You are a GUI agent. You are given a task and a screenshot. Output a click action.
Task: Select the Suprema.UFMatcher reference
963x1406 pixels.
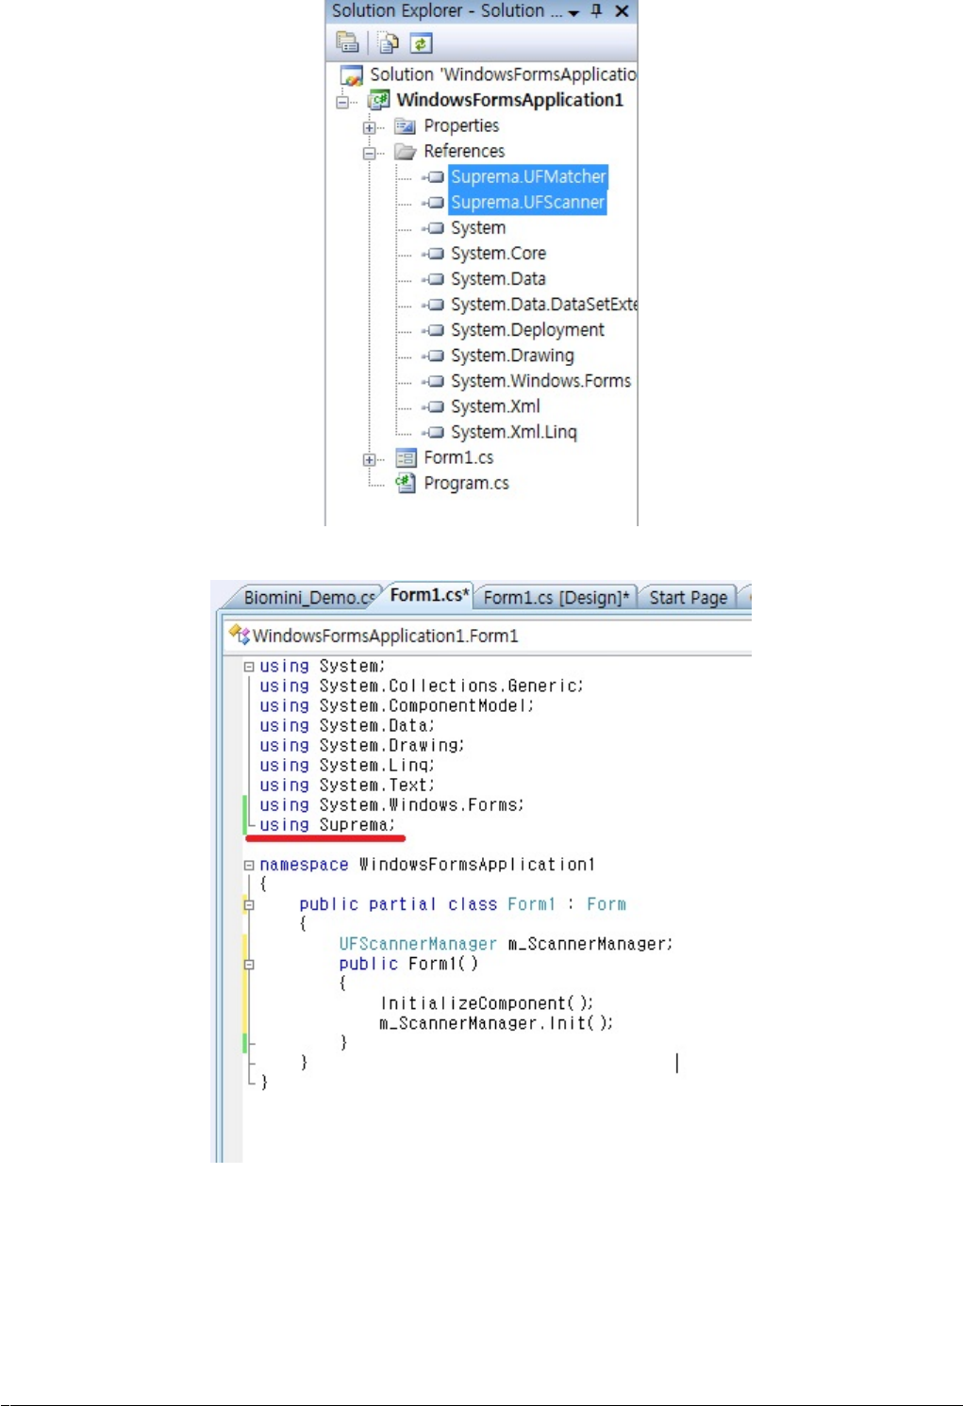tap(527, 176)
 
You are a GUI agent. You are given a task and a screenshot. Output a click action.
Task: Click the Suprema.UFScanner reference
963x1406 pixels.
tap(527, 202)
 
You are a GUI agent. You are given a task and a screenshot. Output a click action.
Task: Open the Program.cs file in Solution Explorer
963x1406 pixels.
tap(466, 483)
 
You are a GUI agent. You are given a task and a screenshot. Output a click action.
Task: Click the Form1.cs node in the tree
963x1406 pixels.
tap(458, 457)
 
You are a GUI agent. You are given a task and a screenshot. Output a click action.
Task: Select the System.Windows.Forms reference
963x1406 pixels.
tap(540, 381)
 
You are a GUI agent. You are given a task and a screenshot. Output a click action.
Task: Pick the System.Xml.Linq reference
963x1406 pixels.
tap(513, 432)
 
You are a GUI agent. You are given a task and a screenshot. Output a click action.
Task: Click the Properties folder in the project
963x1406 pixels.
tap(461, 125)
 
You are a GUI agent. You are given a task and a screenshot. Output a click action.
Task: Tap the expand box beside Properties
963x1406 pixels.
tap(370, 126)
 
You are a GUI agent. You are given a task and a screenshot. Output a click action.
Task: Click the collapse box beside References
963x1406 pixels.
tap(370, 152)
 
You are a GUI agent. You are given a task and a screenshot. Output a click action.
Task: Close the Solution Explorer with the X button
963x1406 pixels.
tap(622, 11)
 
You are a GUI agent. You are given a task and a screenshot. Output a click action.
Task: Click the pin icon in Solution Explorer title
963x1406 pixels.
tap(596, 11)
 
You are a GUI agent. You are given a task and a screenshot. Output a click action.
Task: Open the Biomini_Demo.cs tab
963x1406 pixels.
tap(307, 597)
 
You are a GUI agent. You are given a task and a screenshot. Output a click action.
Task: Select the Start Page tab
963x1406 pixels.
tap(688, 597)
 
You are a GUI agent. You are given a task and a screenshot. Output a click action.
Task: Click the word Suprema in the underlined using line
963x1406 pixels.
tap(355, 825)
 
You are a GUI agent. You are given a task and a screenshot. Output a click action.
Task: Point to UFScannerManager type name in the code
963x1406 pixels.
tap(417, 944)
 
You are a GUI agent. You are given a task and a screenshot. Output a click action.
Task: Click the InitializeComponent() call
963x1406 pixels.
tap(486, 1003)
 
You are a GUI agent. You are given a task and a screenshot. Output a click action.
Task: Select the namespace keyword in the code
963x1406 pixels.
tap(304, 865)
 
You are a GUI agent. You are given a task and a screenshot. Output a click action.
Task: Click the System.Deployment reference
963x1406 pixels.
tap(527, 330)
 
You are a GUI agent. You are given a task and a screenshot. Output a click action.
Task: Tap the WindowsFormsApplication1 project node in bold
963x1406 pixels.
tap(509, 100)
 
